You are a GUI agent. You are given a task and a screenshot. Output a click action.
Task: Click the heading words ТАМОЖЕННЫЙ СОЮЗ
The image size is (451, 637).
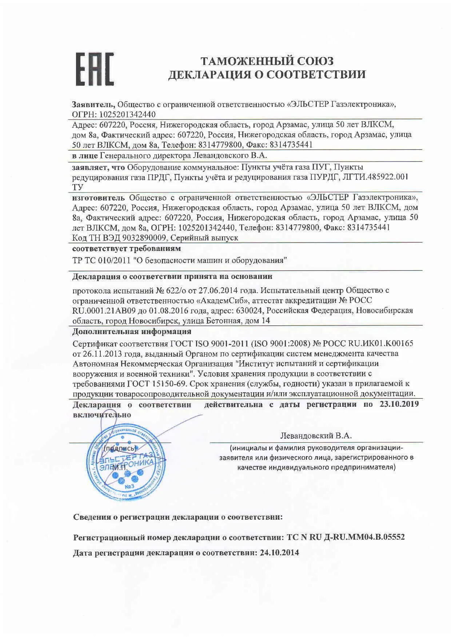pos(267,60)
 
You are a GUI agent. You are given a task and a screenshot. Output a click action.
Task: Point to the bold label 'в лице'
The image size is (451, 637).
pos(85,156)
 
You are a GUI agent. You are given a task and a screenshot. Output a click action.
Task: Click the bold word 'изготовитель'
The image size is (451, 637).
pos(98,198)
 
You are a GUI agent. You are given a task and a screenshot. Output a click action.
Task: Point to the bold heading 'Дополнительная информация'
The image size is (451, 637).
pos(132,332)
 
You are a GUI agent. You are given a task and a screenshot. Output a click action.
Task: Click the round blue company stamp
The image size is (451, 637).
pos(126,462)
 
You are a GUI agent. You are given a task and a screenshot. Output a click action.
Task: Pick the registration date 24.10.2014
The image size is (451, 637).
pos(279,553)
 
